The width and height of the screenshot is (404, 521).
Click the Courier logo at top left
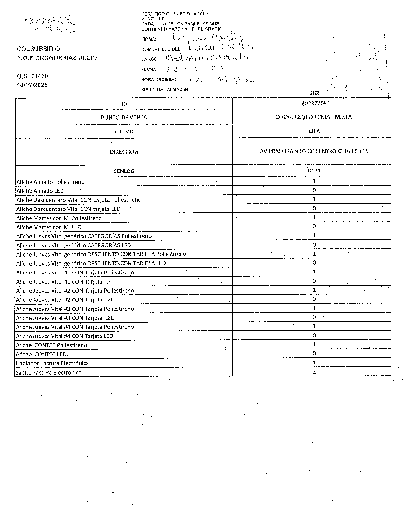click(50, 24)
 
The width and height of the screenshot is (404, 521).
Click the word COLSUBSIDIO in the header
click(38, 49)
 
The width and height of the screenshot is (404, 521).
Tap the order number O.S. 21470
click(33, 76)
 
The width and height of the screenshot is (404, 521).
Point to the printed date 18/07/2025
click(32, 85)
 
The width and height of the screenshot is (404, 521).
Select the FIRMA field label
click(149, 39)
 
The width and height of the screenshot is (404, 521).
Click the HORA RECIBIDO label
click(159, 80)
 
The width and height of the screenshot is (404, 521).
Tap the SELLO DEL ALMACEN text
click(165, 89)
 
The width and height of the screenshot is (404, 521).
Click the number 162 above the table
click(314, 93)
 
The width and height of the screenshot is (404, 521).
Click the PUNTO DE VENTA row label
click(124, 117)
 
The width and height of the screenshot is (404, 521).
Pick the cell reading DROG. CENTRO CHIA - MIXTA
click(314, 117)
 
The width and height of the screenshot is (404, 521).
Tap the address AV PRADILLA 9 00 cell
click(314, 151)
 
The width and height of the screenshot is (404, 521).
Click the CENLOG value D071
click(314, 171)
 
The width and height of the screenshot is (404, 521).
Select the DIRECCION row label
click(124, 152)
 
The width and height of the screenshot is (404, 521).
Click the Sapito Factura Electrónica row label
click(48, 373)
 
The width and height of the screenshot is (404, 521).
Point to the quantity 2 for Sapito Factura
click(314, 372)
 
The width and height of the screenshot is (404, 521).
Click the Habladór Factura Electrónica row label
click(52, 363)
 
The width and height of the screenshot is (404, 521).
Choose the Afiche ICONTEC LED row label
click(41, 354)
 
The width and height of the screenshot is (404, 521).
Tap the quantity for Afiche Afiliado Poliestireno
click(314, 181)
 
